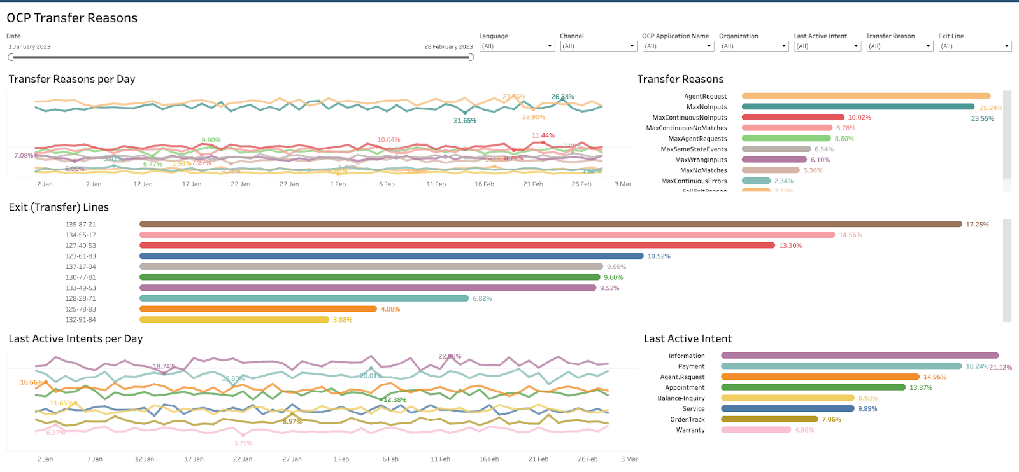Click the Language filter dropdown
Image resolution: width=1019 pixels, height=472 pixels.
coord(517,46)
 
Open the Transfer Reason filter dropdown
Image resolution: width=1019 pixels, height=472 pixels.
coord(899,46)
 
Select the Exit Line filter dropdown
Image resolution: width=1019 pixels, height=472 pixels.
coord(974,46)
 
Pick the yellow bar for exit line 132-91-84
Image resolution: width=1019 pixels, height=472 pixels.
coord(234,319)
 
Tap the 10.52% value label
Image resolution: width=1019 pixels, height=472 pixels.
coord(659,256)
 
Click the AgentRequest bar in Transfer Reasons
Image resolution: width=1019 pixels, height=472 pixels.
coord(866,96)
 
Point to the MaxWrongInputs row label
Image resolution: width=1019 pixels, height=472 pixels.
coord(701,160)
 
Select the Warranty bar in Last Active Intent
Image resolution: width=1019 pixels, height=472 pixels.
coord(755,430)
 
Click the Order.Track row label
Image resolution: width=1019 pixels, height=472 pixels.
coord(687,420)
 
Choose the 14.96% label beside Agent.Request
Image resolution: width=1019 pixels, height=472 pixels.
coord(934,377)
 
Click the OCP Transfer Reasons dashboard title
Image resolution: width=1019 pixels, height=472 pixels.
coord(72,18)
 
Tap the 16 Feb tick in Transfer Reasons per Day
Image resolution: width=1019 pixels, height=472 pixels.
coord(484,184)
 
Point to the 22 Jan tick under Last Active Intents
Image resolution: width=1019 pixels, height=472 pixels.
coord(243,459)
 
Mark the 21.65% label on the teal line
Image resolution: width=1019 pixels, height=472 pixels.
coord(465,121)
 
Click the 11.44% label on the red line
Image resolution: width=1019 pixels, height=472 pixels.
coord(543,135)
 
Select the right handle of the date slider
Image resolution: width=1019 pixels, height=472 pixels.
coord(471,57)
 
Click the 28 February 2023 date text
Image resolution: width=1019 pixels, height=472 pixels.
coord(448,47)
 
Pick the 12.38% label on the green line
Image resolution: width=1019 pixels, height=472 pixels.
coord(395,400)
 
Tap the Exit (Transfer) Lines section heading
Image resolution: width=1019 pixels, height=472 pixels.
coord(59,207)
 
